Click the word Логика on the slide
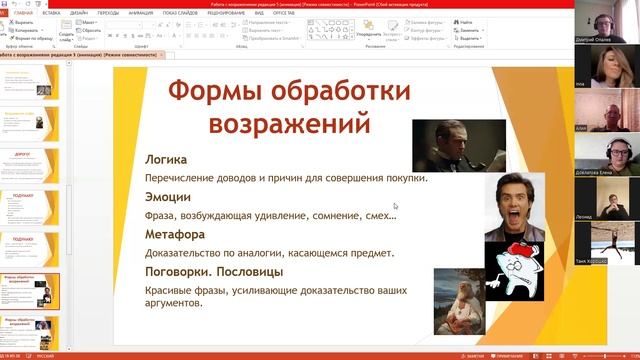pyautogui.click(x=166, y=159)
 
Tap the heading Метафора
pyautogui.click(x=175, y=234)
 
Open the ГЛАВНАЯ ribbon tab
pyautogui.click(x=23, y=13)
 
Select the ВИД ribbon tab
pyautogui.click(x=259, y=13)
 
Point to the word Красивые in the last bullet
pyautogui.click(x=173, y=290)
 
